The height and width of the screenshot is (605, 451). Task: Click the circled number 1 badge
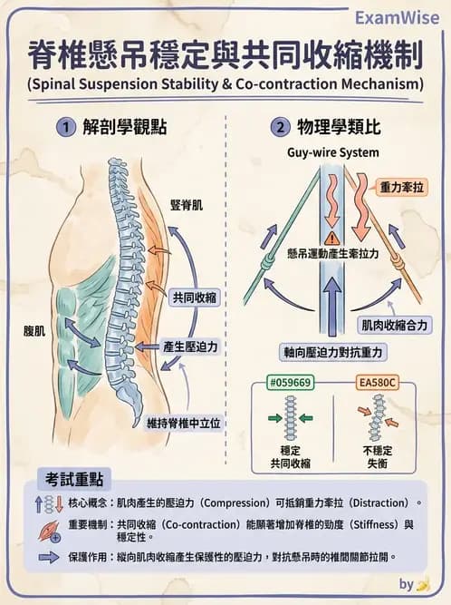(67, 128)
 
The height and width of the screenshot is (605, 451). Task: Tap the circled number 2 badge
(281, 128)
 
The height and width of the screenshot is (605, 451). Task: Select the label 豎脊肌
(187, 205)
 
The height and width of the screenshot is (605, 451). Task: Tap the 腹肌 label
(34, 332)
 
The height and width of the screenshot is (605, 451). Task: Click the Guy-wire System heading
(333, 152)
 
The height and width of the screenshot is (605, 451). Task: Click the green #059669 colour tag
(290, 383)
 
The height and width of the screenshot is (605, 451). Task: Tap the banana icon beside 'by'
(422, 584)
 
